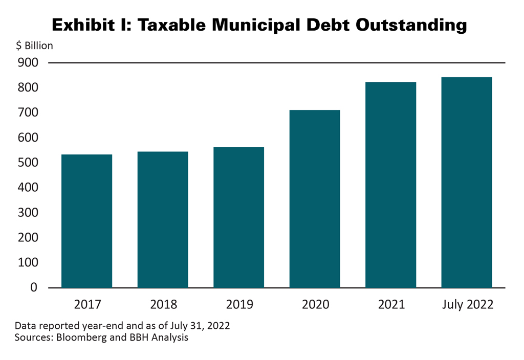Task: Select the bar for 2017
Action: click(x=86, y=221)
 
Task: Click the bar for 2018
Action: click(x=163, y=219)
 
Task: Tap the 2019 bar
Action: click(x=238, y=217)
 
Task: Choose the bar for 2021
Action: click(x=390, y=185)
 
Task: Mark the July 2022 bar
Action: click(x=467, y=182)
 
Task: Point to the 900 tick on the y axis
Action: click(x=28, y=62)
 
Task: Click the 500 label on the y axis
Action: click(x=28, y=163)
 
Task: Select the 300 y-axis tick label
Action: click(x=28, y=213)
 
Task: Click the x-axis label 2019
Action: click(x=239, y=305)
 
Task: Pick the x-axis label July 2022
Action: click(x=468, y=305)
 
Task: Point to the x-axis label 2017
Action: click(x=88, y=305)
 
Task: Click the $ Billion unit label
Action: click(x=34, y=46)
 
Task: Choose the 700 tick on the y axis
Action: click(x=28, y=112)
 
